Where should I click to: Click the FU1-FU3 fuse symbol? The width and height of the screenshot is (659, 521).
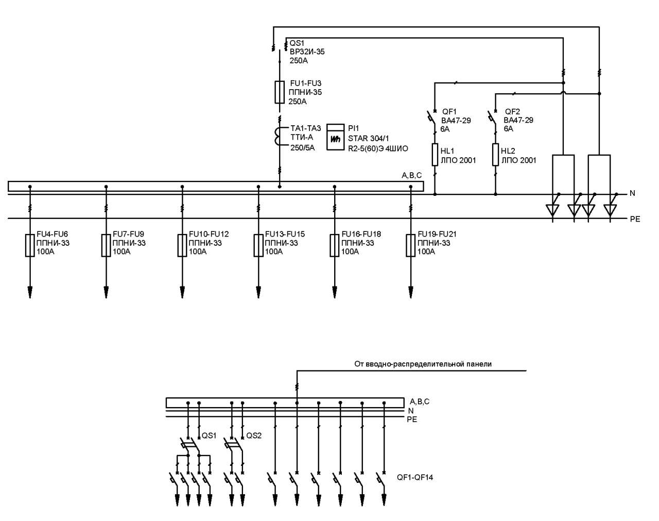click(x=279, y=92)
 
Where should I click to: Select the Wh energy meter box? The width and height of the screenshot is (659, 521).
click(x=335, y=137)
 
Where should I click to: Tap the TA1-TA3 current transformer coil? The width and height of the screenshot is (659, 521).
click(x=277, y=137)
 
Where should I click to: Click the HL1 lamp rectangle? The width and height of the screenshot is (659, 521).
click(x=435, y=155)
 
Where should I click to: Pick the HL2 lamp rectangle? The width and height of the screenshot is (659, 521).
click(x=495, y=155)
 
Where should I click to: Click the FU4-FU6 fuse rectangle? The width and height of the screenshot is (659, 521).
click(x=30, y=245)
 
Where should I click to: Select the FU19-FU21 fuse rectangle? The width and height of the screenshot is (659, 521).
click(x=411, y=245)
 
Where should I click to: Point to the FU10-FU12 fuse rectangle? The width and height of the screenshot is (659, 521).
click(x=182, y=245)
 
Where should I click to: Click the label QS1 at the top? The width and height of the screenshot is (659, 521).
click(x=297, y=43)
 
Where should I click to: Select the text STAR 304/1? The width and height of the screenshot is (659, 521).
click(x=369, y=138)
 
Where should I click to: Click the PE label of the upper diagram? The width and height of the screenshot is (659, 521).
click(x=635, y=219)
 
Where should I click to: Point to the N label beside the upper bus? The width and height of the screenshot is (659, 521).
click(x=632, y=193)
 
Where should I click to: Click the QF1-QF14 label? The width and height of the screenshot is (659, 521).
click(x=415, y=478)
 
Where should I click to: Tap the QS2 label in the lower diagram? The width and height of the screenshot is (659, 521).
click(x=254, y=435)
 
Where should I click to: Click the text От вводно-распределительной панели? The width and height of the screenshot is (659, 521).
click(x=423, y=364)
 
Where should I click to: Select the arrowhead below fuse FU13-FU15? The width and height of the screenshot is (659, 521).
click(x=258, y=292)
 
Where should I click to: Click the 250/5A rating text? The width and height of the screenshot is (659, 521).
click(x=303, y=148)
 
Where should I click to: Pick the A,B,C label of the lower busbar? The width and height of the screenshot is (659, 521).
click(x=420, y=401)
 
